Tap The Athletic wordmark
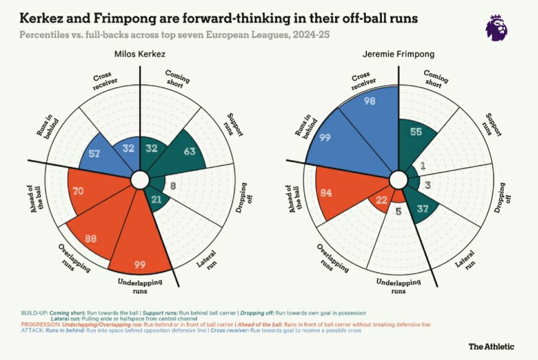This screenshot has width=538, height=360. pyautogui.click(x=491, y=347)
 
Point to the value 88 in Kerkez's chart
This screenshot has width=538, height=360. pyautogui.click(x=90, y=239)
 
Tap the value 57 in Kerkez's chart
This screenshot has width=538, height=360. pyautogui.click(x=94, y=153)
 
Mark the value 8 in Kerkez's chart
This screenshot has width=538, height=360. pyautogui.click(x=173, y=187)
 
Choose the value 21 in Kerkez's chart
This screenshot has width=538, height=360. pyautogui.click(x=157, y=199)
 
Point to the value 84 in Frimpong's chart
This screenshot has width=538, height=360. pyautogui.click(x=326, y=193)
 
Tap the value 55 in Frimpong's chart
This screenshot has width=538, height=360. pyautogui.click(x=416, y=131)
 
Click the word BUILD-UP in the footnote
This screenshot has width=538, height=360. pyautogui.click(x=33, y=313)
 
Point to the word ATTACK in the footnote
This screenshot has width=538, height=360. pyautogui.click(x=32, y=330)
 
